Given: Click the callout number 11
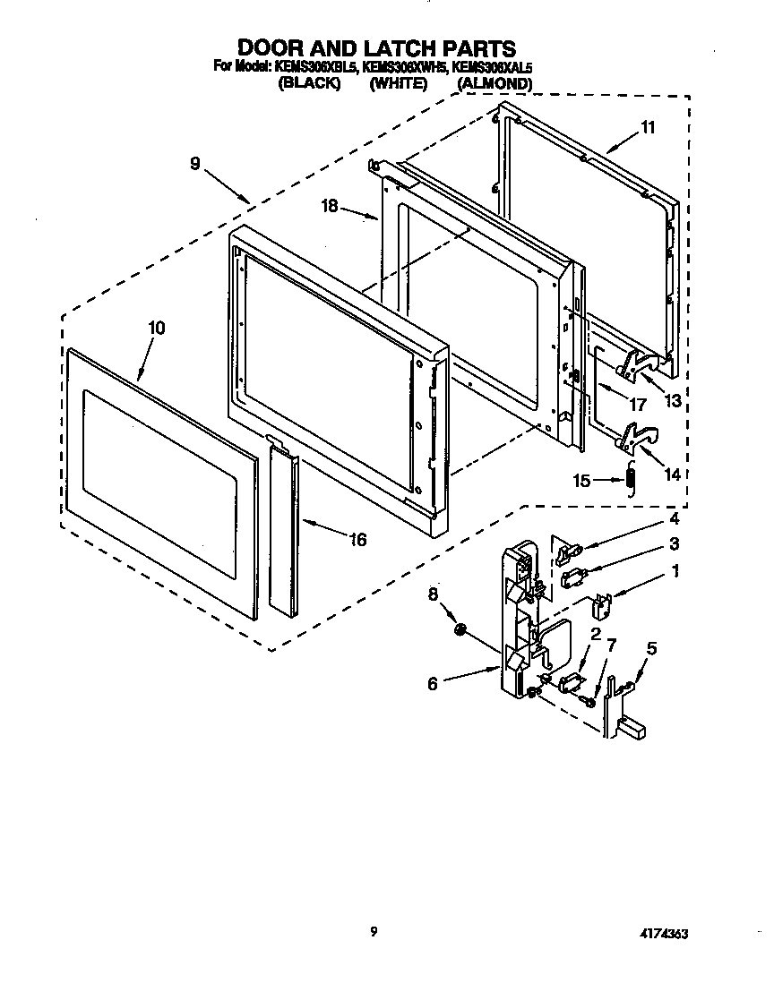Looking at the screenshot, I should [x=648, y=128].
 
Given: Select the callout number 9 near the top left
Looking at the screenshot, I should [x=194, y=164].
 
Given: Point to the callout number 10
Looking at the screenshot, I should [x=156, y=329].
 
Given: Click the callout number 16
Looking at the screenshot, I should [x=357, y=540].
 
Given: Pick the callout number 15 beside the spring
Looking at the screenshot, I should [x=582, y=481].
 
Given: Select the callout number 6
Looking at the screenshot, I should [x=433, y=683].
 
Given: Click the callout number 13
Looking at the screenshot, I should [x=672, y=402].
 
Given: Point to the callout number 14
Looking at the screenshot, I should [x=672, y=475].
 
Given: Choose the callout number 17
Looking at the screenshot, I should [x=638, y=405].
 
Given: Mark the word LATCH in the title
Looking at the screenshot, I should [x=392, y=47].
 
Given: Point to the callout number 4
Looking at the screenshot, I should [x=674, y=518].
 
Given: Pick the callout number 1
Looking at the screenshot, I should [x=675, y=569].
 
